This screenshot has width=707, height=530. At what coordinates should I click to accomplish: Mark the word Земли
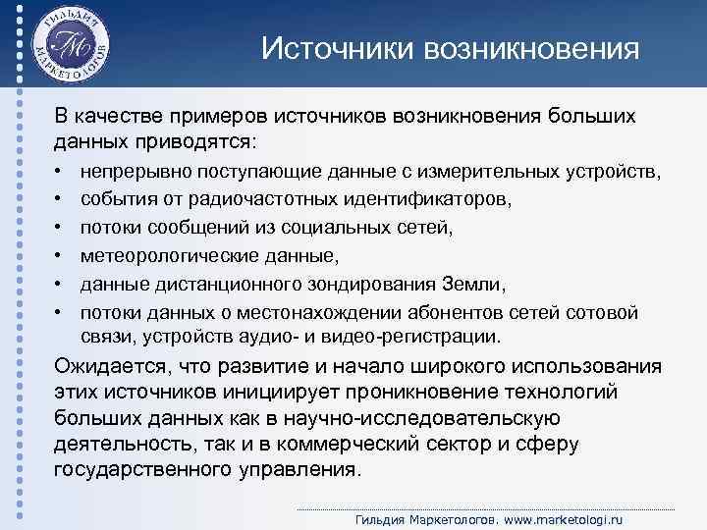[x=472, y=285]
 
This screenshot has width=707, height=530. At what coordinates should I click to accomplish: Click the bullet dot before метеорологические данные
[x=61, y=256]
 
